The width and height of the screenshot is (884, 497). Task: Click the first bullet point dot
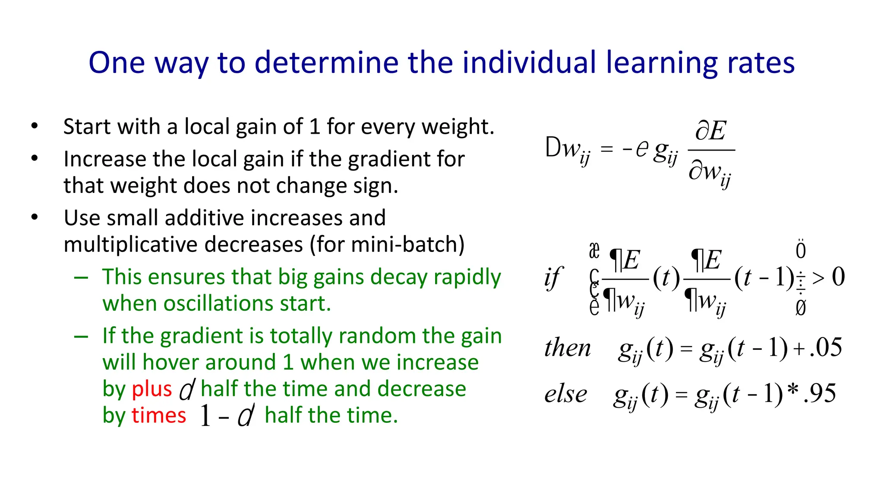[x=35, y=126]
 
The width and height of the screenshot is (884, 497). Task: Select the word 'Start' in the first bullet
[x=84, y=127]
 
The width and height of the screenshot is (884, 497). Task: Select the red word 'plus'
[x=152, y=388]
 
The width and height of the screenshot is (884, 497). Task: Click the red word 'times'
[x=159, y=415]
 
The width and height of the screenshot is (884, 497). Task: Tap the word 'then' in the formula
[x=567, y=348]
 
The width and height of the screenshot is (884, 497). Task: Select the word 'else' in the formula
[x=565, y=394]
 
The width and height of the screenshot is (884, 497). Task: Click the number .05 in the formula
[x=826, y=347]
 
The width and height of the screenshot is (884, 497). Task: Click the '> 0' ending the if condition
[x=828, y=277]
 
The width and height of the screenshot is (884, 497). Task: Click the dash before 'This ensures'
[x=81, y=277]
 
